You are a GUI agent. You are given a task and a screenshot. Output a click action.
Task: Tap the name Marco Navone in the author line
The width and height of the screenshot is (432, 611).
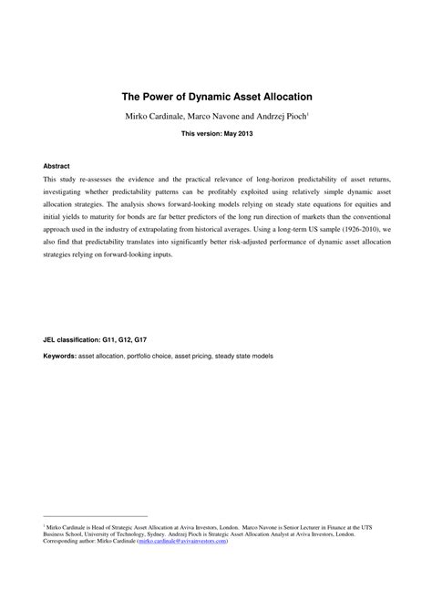pos(209,116)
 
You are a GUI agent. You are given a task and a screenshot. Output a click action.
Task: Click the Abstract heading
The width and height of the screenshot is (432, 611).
pos(57,168)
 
